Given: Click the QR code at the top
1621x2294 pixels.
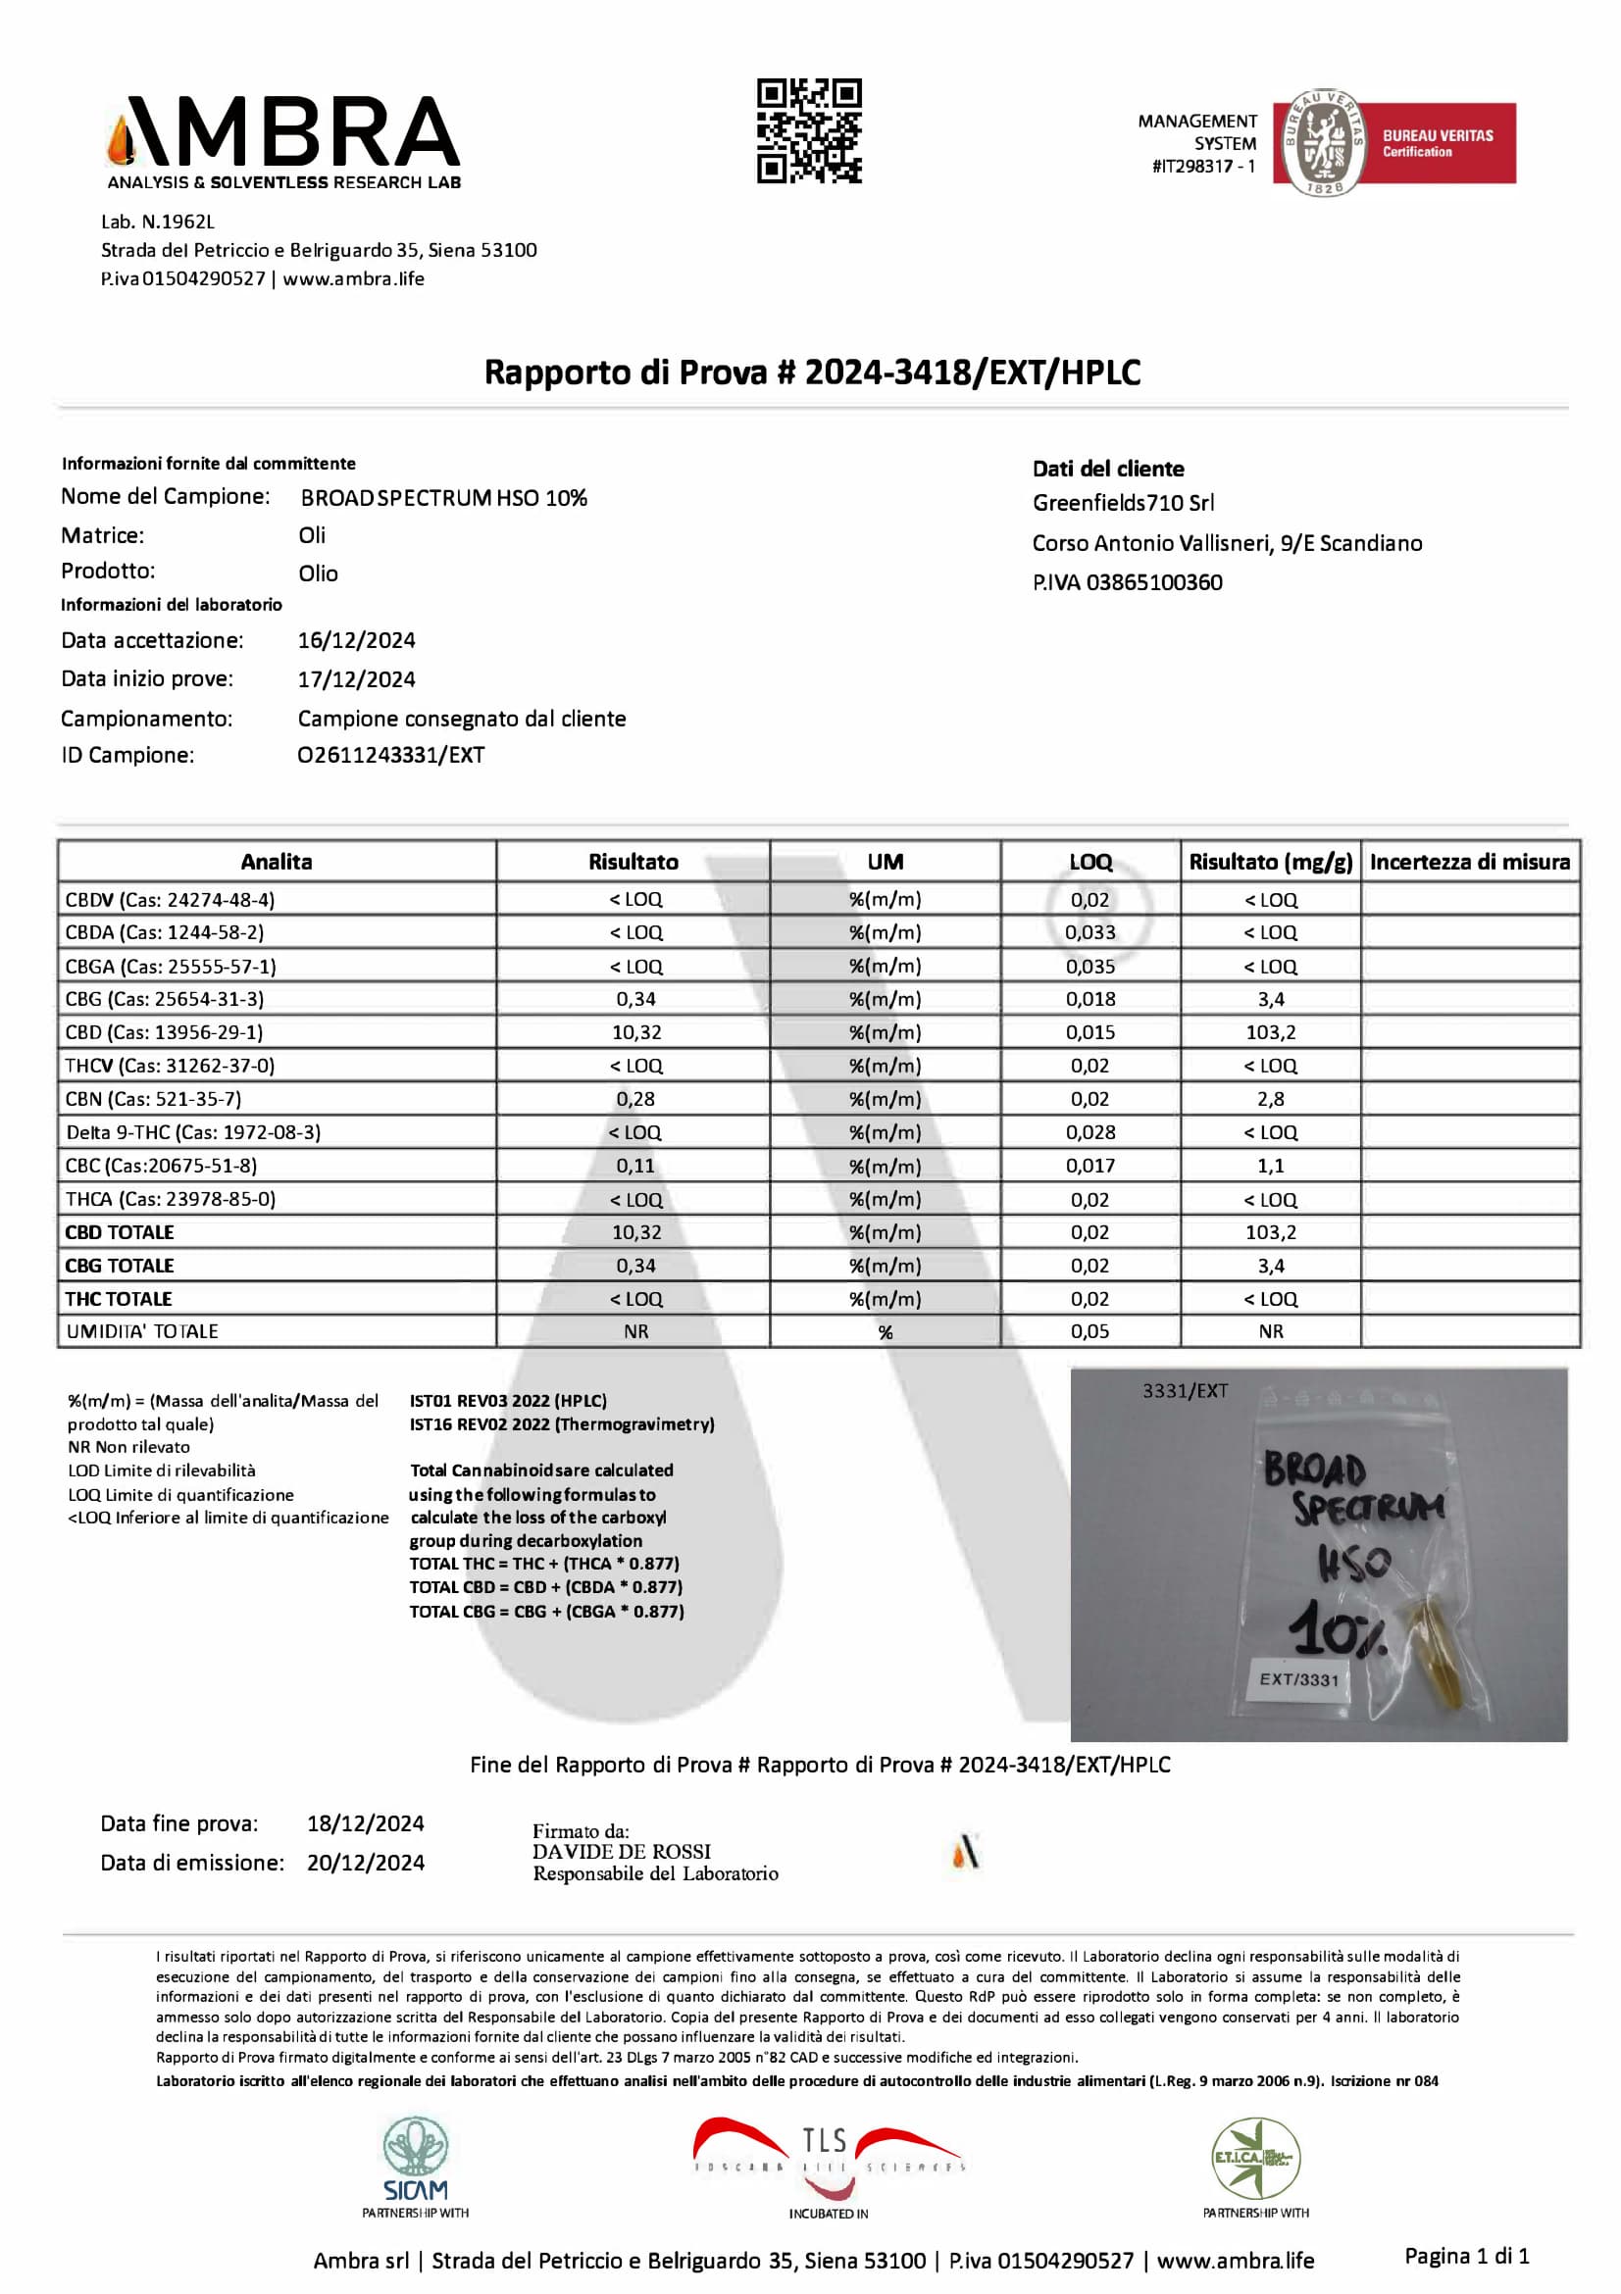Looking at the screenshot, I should pyautogui.click(x=808, y=131).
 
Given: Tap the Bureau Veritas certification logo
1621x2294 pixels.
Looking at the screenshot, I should pyautogui.click(x=1394, y=143).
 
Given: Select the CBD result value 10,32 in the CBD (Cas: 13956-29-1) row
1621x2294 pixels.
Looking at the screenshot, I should pyautogui.click(x=636, y=1032).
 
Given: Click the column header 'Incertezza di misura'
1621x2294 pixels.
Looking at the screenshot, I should pyautogui.click(x=1469, y=862).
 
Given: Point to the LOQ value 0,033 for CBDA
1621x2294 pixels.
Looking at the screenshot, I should pyautogui.click(x=1089, y=932).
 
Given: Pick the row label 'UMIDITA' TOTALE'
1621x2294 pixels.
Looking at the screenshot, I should pyautogui.click(x=142, y=1331).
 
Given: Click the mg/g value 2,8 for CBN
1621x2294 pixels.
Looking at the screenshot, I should pyautogui.click(x=1270, y=1099).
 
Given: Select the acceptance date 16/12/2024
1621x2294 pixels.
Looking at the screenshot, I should pyautogui.click(x=357, y=640).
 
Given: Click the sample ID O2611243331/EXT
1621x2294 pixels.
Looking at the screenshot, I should pyautogui.click(x=390, y=755).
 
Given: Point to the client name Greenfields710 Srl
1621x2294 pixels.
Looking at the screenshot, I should pyautogui.click(x=1123, y=503).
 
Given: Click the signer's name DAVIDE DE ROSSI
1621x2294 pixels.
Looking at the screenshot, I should pyautogui.click(x=622, y=1852).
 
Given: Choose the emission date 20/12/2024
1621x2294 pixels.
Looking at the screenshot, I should pyautogui.click(x=366, y=1863).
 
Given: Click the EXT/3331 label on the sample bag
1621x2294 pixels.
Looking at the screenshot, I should pyautogui.click(x=1298, y=1679).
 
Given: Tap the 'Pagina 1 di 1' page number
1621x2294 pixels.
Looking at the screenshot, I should pyautogui.click(x=1466, y=2255).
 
